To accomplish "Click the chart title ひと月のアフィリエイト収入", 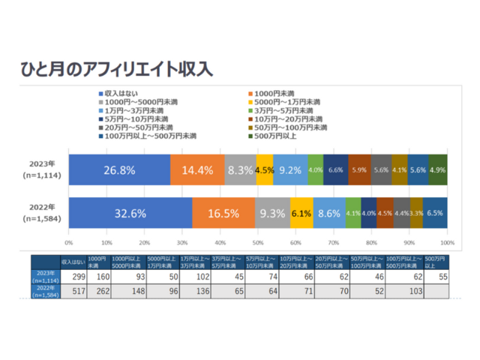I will tap(116, 69).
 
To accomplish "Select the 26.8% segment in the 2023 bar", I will tap(119, 170).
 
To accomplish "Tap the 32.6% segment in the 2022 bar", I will tap(130, 213).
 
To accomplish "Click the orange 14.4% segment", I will tap(197, 170).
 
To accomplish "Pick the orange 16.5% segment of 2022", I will tap(223, 213).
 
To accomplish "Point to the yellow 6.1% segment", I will tap(301, 213).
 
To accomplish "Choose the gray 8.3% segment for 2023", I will tap(240, 170).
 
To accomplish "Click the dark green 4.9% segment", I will tap(438, 170).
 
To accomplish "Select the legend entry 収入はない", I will tap(121, 92).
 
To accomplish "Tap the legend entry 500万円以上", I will tap(278, 136).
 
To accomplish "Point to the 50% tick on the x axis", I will tap(258, 244).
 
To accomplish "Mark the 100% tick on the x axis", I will tap(447, 244).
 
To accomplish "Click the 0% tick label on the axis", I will tap(69, 244).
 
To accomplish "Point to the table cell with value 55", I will tap(441, 277).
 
